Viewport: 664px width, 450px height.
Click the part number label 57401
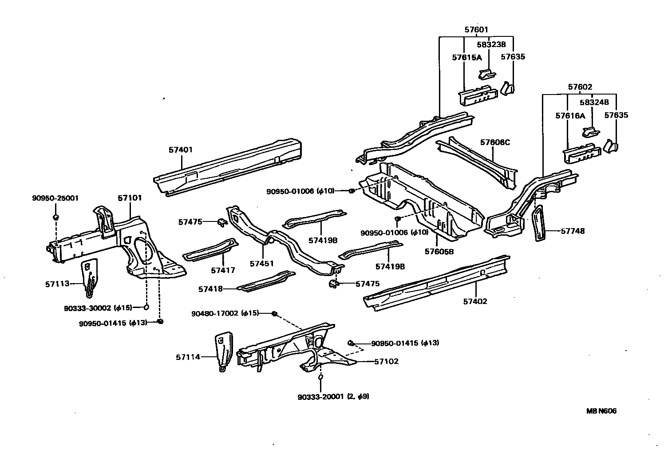coord(181,150)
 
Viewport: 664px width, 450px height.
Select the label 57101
coord(130,198)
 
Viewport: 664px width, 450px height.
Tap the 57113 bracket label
coord(57,284)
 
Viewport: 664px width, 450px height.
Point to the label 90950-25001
coord(55,198)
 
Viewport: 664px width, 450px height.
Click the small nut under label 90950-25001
coord(56,217)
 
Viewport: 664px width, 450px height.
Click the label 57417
coord(223,270)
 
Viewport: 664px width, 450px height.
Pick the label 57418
coord(210,289)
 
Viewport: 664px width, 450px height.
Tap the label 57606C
coord(495,142)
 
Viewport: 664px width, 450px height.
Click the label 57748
coord(573,231)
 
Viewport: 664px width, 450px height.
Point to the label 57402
coord(475,301)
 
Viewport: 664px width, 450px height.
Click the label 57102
coord(386,361)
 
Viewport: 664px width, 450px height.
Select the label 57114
coord(188,356)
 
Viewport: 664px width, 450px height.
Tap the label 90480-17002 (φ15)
coord(225,313)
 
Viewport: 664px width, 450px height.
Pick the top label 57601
coord(476,30)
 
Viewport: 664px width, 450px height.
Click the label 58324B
coord(593,103)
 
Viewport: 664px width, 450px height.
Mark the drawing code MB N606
coord(601,411)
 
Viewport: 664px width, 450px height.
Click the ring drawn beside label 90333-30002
coord(146,307)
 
